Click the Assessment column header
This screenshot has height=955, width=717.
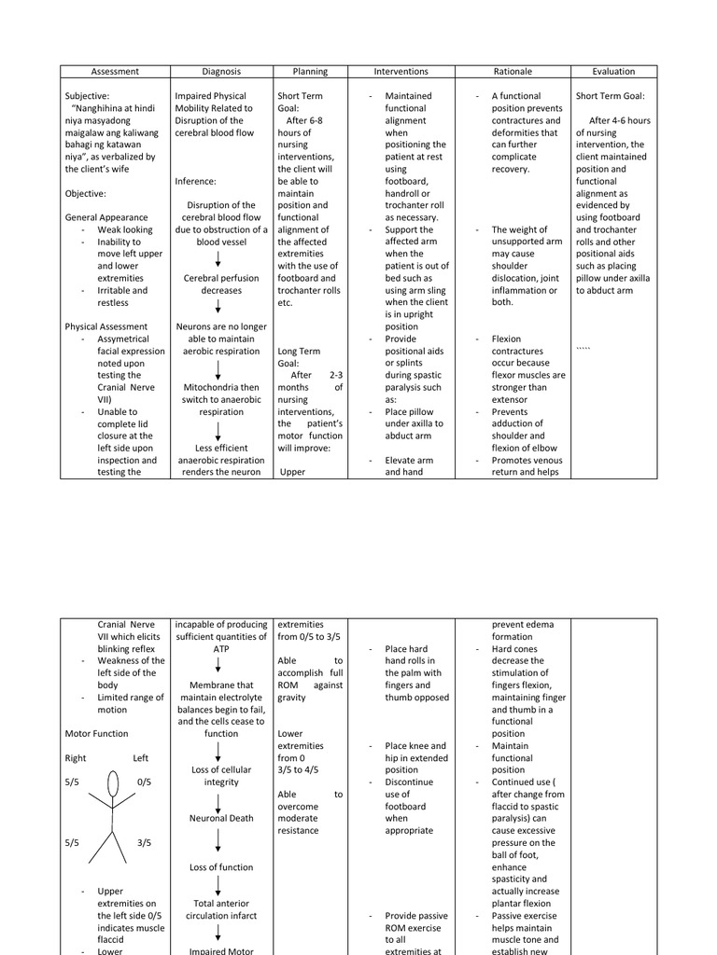tap(115, 71)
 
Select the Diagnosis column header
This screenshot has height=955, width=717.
tap(221, 71)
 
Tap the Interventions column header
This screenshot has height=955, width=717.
tap(401, 71)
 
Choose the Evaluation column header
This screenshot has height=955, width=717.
tap(613, 71)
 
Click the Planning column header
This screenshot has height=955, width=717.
tap(310, 71)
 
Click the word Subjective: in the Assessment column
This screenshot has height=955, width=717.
tap(87, 96)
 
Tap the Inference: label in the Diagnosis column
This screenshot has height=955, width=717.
tap(195, 181)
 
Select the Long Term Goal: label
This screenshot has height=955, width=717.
tap(299, 357)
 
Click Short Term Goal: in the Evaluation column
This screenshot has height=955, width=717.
tap(611, 96)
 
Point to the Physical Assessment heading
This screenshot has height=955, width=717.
tap(105, 326)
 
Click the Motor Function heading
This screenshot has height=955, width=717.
tap(96, 733)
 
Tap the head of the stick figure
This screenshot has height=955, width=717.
tap(113, 780)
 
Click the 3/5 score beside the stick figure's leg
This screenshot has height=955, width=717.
tap(143, 842)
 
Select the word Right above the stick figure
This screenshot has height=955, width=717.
tap(77, 758)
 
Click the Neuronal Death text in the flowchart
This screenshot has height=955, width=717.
tap(221, 818)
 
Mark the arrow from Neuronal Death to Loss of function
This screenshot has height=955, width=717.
tap(218, 842)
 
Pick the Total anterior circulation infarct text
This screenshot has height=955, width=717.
tap(221, 909)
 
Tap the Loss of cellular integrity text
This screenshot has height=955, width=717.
tap(221, 776)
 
